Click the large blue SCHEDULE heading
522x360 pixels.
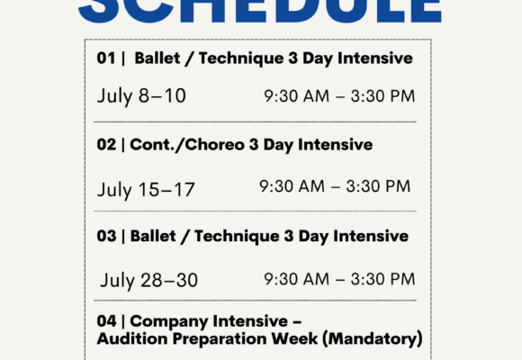(261, 9)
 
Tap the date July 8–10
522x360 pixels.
(141, 95)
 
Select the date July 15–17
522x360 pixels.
(146, 189)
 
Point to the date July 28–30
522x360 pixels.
(149, 280)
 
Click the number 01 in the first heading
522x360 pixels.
(106, 58)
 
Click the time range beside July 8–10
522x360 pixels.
(339, 96)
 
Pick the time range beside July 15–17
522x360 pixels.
(335, 186)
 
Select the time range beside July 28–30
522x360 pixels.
(339, 278)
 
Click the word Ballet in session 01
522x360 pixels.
(157, 58)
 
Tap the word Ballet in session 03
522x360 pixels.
(154, 236)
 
